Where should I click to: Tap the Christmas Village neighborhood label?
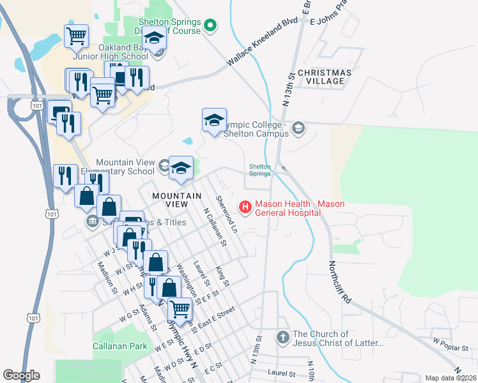(325, 77)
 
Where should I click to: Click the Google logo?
(21, 375)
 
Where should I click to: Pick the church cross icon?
(283, 336)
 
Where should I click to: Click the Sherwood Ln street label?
(226, 214)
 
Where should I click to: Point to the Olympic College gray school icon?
(298, 129)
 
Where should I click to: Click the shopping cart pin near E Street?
(180, 309)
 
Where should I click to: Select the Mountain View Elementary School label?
(125, 167)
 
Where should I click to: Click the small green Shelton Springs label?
(259, 170)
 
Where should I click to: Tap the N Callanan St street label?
(215, 227)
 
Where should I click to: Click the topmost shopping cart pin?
(76, 36)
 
